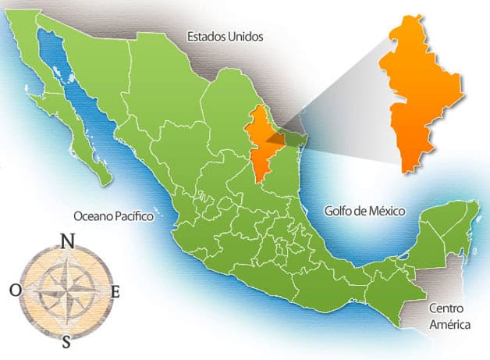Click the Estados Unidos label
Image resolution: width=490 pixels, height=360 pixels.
225,36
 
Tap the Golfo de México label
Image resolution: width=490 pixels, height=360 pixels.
367,209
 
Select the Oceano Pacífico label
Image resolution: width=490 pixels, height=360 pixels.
113,216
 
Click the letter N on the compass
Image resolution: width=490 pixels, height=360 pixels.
68,241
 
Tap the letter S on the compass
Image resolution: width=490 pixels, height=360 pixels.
67,340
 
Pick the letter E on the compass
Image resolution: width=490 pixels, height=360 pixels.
115,292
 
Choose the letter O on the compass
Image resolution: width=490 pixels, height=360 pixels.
16,290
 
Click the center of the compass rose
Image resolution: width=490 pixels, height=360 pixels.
66,291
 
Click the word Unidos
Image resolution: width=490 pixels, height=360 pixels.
244,36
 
